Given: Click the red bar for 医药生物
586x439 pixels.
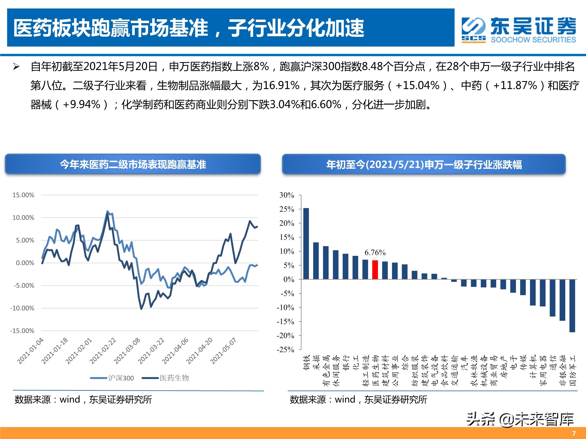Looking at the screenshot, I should pyautogui.click(x=375, y=270).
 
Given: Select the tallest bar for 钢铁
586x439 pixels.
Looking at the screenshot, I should pyautogui.click(x=306, y=243).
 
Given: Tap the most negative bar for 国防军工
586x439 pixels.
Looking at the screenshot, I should pyautogui.click(x=572, y=306).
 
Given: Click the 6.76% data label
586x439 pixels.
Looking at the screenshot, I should pyautogui.click(x=375, y=252).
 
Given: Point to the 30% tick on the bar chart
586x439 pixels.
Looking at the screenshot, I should pyautogui.click(x=287, y=195).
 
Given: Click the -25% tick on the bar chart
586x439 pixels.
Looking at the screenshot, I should pyautogui.click(x=285, y=349).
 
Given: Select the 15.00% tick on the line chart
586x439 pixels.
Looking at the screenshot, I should pyautogui.click(x=23, y=195).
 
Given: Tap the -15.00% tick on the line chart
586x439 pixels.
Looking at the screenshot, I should pyautogui.click(x=22, y=331).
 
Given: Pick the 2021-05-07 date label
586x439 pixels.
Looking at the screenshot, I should pyautogui.click(x=223, y=351).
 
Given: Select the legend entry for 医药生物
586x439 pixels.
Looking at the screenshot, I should pyautogui.click(x=166, y=378).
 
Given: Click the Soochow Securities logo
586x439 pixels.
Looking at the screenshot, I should pyautogui.click(x=518, y=30).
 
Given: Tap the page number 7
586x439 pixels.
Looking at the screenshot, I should pyautogui.click(x=574, y=433).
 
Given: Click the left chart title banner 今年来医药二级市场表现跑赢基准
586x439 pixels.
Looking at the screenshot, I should pyautogui.click(x=133, y=164).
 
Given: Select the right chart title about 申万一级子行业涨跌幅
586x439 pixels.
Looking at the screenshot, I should pyautogui.click(x=424, y=164).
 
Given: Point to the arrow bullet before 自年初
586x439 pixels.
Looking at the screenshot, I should pyautogui.click(x=16, y=67).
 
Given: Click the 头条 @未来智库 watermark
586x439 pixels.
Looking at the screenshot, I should pyautogui.click(x=520, y=419).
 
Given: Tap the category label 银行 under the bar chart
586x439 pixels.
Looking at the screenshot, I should pyautogui.click(x=346, y=363).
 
